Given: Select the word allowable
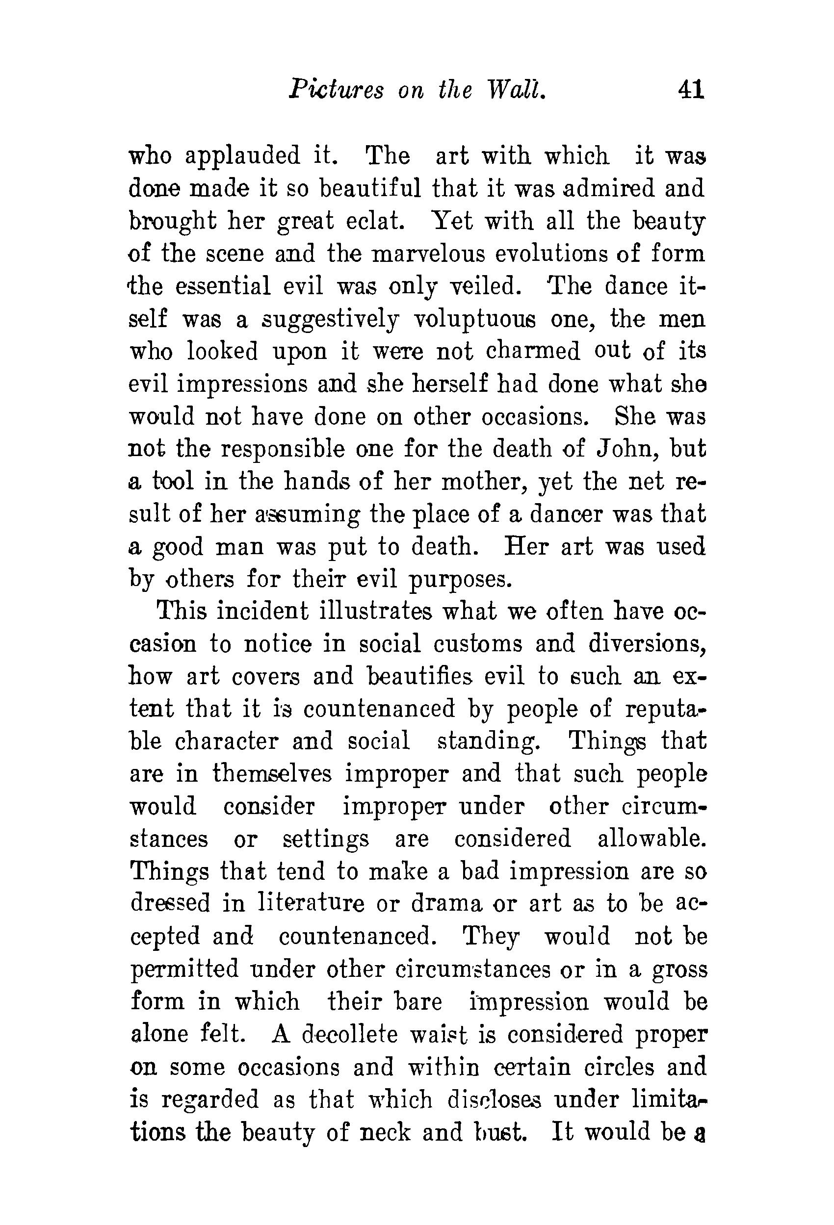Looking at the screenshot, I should pos(652,839).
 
